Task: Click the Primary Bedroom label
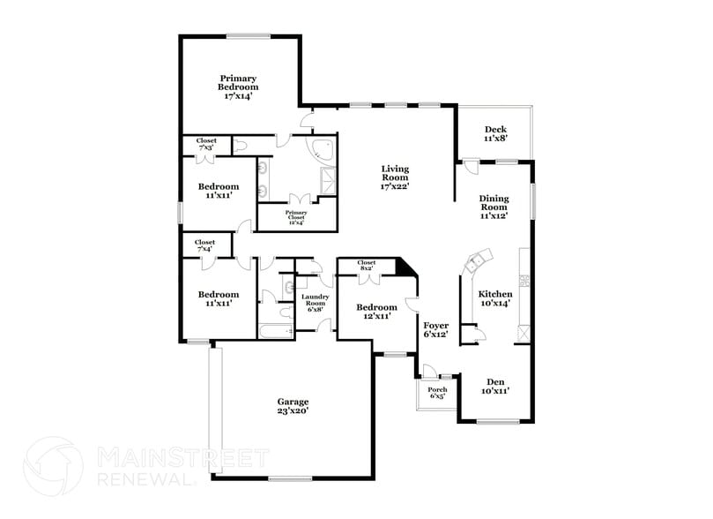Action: pyautogui.click(x=239, y=86)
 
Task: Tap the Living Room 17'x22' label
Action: pyautogui.click(x=395, y=177)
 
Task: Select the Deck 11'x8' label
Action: pyautogui.click(x=494, y=134)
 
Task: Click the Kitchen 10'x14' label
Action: pyautogui.click(x=495, y=298)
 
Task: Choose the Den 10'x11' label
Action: pyautogui.click(x=494, y=386)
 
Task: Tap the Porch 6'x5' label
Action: pyautogui.click(x=437, y=393)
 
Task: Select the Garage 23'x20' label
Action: pyautogui.click(x=292, y=405)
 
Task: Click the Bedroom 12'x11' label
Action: pyautogui.click(x=376, y=312)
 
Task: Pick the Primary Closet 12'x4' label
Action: pyautogui.click(x=295, y=217)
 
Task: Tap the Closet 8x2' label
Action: pyautogui.click(x=367, y=265)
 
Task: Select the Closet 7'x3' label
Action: pyautogui.click(x=206, y=143)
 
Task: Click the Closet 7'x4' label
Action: pyautogui.click(x=204, y=245)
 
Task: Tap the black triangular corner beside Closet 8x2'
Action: pyautogui.click(x=406, y=267)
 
